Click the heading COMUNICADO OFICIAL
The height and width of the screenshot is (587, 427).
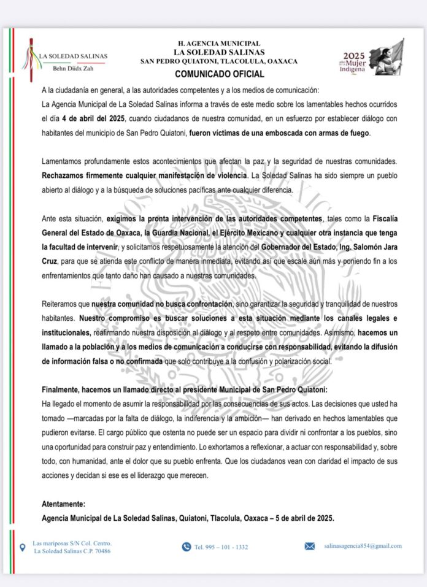pyautogui.click(x=219, y=74)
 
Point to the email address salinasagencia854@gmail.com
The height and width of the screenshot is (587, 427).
pyautogui.click(x=363, y=546)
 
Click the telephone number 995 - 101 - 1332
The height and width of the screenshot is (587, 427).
pyautogui.click(x=221, y=547)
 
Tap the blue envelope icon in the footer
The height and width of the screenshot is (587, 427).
pyautogui.click(x=310, y=547)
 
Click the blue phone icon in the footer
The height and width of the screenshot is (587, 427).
pyautogui.click(x=187, y=547)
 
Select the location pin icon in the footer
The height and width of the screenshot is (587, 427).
pyautogui.click(x=23, y=547)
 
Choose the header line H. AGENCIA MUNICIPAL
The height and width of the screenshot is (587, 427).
pyautogui.click(x=218, y=44)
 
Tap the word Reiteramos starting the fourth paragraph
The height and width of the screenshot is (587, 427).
pyautogui.click(x=62, y=304)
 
